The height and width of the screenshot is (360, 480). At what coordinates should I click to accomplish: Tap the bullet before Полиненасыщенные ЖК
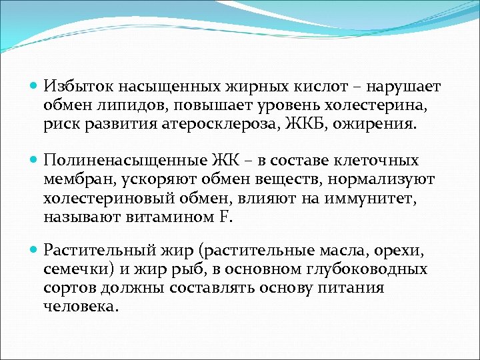[x=35, y=161]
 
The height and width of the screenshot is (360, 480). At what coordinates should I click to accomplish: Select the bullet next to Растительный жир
[x=35, y=251]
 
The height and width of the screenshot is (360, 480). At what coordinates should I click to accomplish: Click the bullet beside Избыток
[x=35, y=87]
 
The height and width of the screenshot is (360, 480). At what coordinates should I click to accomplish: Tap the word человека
[x=80, y=307]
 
